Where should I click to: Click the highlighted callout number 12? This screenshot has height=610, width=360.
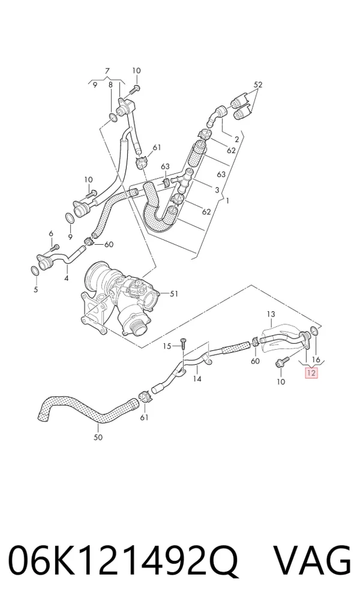(x=311, y=373)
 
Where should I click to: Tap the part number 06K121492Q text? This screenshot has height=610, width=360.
(x=122, y=562)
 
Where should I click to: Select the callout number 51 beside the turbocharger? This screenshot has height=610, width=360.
(x=173, y=294)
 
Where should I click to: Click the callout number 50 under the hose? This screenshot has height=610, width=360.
(x=98, y=437)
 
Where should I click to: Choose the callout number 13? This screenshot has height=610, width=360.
(x=271, y=314)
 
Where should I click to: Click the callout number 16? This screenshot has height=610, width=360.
(x=316, y=360)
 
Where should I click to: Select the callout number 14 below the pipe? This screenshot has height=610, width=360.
(x=197, y=378)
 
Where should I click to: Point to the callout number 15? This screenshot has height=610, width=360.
(x=167, y=346)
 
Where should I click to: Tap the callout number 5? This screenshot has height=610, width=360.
(x=36, y=289)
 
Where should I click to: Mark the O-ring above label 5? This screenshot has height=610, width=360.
(x=34, y=271)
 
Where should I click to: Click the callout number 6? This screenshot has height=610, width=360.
(x=50, y=233)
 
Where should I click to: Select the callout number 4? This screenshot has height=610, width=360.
(x=66, y=278)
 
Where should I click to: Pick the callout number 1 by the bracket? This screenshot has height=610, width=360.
(x=227, y=201)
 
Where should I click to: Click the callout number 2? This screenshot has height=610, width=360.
(x=236, y=139)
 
